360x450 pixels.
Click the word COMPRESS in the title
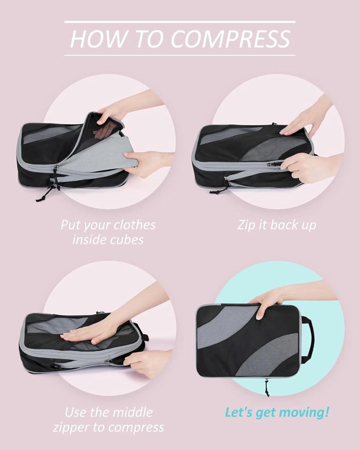231,39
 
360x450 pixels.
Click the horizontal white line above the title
180,22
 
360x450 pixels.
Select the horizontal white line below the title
180,55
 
